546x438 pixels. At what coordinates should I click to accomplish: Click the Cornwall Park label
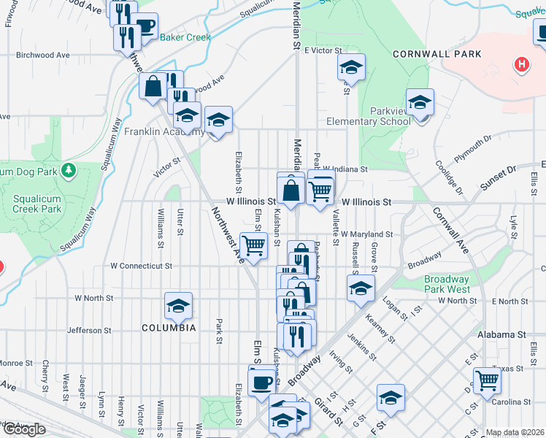point(437,54)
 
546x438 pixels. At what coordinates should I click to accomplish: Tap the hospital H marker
point(521,65)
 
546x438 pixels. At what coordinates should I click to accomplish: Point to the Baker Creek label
point(185,37)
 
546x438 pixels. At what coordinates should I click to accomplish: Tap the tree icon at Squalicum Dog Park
point(69,170)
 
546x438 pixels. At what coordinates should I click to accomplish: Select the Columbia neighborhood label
point(168,328)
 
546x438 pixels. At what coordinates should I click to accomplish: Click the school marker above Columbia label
point(178,307)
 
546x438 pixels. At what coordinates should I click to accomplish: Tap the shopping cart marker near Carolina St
point(487,379)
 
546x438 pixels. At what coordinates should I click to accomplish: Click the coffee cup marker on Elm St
point(261,382)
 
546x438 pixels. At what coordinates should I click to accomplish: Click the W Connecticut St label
point(141,266)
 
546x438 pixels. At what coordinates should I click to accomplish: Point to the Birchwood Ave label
point(42,55)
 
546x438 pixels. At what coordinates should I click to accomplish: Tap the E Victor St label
point(323,50)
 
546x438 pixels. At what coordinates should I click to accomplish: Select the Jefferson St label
point(89,331)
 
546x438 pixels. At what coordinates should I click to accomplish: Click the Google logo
point(23,429)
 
